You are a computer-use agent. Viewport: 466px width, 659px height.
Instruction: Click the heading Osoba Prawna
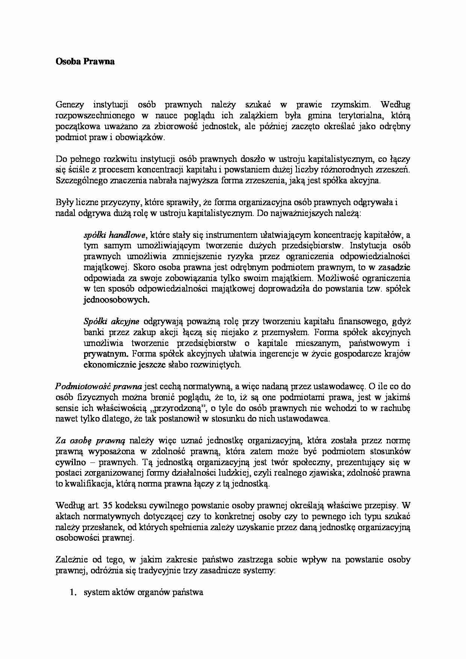[x=85, y=62]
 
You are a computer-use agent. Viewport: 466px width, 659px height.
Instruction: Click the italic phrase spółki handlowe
[x=114, y=235]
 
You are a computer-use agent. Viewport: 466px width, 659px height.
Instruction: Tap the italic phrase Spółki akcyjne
[x=111, y=322]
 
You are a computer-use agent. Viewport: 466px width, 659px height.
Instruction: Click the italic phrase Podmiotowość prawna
[x=98, y=386]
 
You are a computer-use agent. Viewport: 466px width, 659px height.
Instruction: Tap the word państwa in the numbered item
[x=188, y=592]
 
